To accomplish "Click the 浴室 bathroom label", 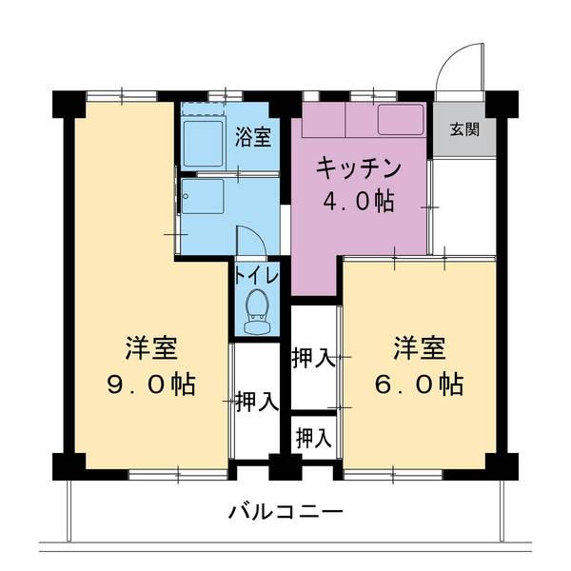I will click(x=253, y=136).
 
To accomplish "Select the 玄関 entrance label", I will click(x=465, y=128).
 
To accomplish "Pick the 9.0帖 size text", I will click(x=150, y=384).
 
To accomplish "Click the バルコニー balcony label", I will click(x=285, y=511).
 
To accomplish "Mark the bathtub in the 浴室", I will click(x=202, y=142).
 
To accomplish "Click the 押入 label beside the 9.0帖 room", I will click(x=256, y=401).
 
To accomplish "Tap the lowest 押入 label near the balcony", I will click(x=313, y=439).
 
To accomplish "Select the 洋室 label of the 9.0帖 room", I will click(x=150, y=348).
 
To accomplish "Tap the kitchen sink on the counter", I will click(x=401, y=119).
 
